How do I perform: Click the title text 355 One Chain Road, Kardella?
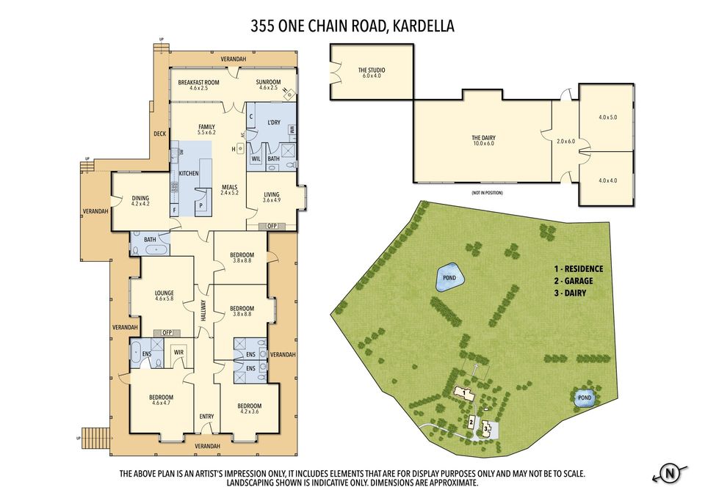[352, 26]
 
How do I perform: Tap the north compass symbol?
[669, 473]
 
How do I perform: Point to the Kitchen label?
[189, 172]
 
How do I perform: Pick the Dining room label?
[140, 200]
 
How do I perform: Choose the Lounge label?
[164, 296]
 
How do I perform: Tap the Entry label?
[207, 417]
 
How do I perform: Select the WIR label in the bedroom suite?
[178, 353]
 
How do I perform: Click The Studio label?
[372, 73]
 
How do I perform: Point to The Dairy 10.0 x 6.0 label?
[483, 140]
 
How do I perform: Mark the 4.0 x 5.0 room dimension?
[608, 117]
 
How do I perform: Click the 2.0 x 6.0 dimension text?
[565, 141]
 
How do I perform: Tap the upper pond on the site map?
[449, 278]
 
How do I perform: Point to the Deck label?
[160, 133]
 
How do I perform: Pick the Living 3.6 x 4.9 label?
[272, 197]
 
